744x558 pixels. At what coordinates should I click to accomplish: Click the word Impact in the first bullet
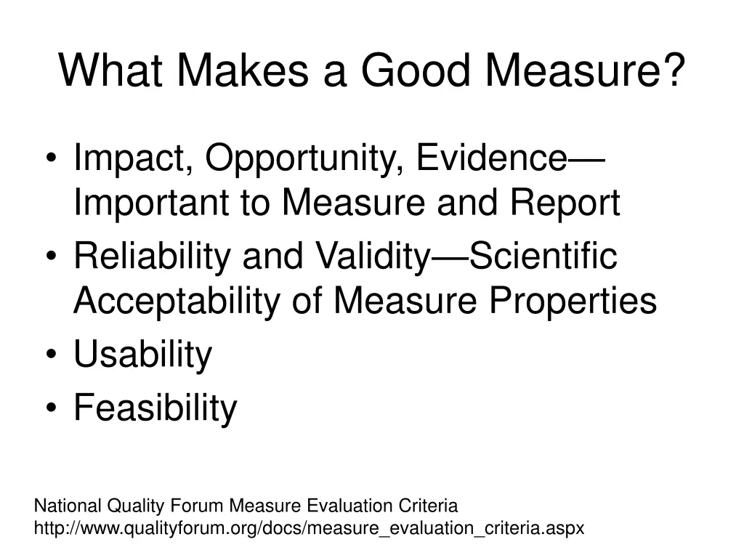coord(130,158)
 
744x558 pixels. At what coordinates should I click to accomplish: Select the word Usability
coord(142,355)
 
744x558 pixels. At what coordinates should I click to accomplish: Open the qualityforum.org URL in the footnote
coord(310,528)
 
